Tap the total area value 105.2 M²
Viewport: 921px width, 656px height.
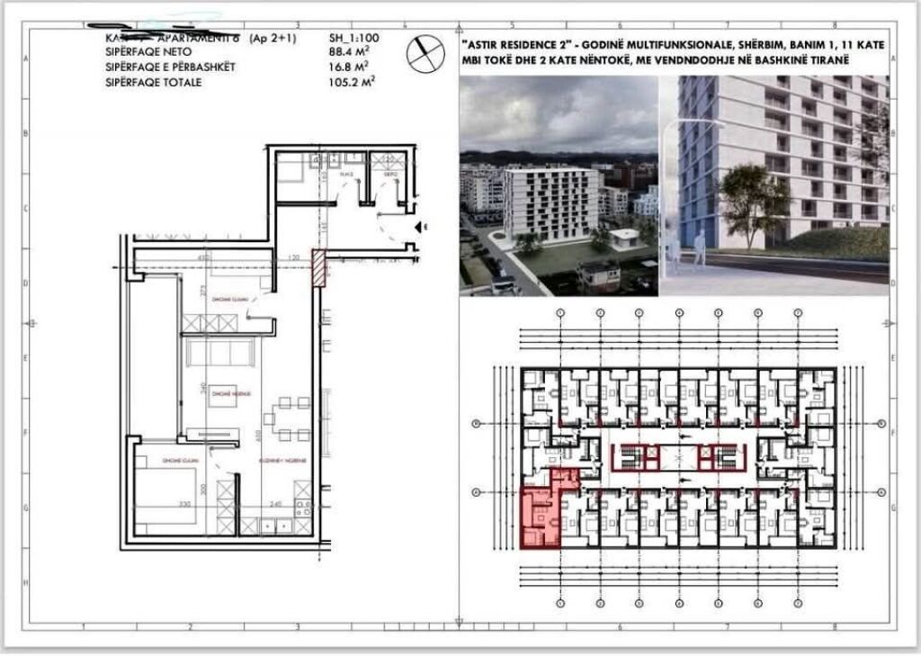349,82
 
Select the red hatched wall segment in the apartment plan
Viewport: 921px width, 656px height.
317,268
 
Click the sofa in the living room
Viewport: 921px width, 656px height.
219,354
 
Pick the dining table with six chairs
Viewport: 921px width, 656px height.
284,419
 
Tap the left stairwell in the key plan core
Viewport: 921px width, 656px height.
630,457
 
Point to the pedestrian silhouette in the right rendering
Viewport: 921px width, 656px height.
699,247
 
